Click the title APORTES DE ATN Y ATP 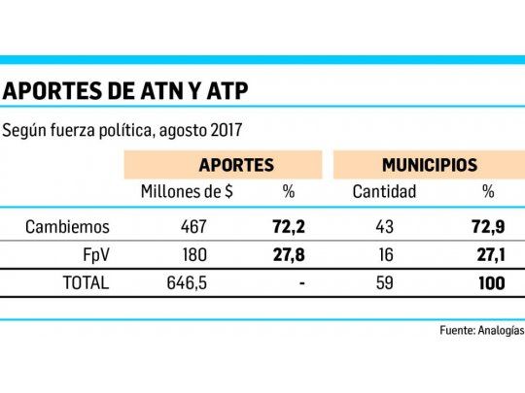(x=126, y=91)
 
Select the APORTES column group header (x=235, y=165)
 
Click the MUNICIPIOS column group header (x=429, y=165)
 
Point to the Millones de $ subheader (x=187, y=192)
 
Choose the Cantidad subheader (x=383, y=192)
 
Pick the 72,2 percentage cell (x=289, y=229)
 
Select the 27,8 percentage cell (x=289, y=256)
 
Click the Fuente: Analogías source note (x=479, y=330)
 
